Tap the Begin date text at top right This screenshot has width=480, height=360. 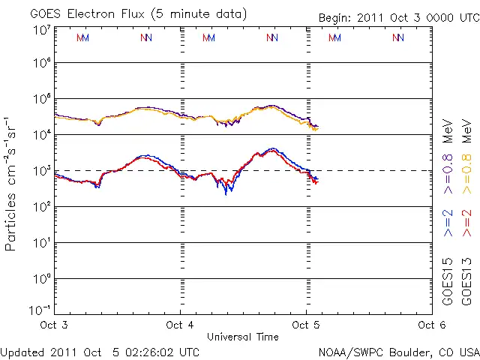[x=397, y=17]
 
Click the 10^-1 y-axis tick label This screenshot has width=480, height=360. [x=40, y=309]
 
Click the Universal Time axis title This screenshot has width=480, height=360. [x=243, y=337]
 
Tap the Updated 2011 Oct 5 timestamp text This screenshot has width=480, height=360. [x=100, y=352]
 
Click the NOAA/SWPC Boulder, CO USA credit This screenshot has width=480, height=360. [x=398, y=352]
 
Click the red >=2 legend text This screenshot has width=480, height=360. [x=466, y=223]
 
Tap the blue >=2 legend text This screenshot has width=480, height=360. [x=448, y=223]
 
